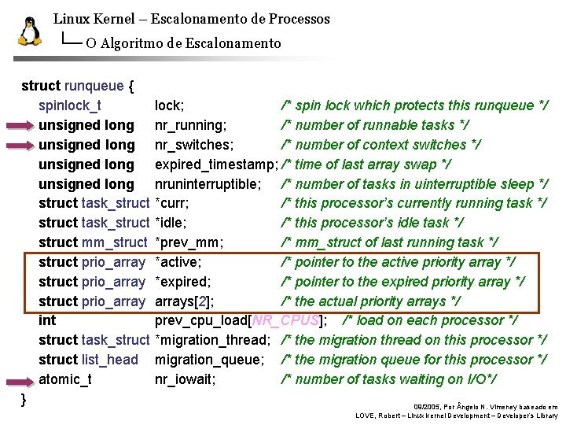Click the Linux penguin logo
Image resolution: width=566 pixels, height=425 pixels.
coord(29,31)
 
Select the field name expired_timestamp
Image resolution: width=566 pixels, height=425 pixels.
coord(215,164)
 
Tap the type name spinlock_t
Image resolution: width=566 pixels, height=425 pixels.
coord(69,105)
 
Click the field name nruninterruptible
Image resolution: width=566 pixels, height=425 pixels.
coord(208,184)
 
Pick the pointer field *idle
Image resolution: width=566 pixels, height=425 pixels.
coord(171,224)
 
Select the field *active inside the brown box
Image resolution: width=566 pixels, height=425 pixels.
coord(178,262)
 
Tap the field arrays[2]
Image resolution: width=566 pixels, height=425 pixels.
coord(184,301)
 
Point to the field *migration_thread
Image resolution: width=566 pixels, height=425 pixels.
coord(212,340)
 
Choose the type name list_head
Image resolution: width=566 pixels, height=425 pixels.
coord(110,360)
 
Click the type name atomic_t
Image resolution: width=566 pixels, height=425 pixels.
coord(64,379)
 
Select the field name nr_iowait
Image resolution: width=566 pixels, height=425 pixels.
coord(185,379)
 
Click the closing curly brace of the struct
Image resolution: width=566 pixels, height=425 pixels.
coord(24,399)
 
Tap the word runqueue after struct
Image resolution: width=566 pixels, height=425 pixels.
coord(94,86)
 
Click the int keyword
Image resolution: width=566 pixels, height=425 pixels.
coord(47,320)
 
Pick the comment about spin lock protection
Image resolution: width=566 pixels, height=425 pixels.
coord(414,105)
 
